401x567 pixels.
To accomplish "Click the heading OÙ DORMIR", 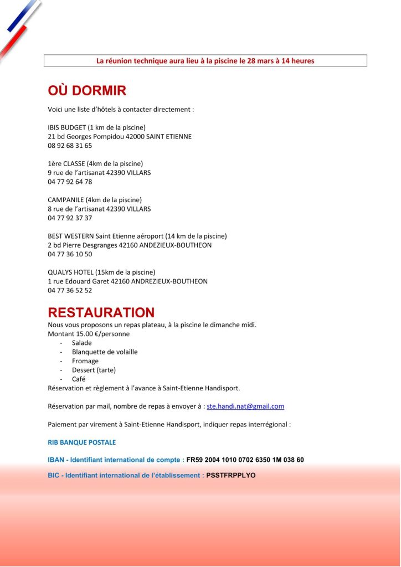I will [87, 91].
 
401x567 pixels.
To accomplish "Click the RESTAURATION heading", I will [101, 312].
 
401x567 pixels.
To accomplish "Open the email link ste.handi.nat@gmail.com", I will [245, 406].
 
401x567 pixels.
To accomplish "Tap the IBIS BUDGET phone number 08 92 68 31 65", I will [70, 146].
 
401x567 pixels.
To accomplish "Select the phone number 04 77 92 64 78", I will [70, 182].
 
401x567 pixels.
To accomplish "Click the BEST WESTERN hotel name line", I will [137, 236].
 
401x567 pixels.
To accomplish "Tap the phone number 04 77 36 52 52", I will [70, 290].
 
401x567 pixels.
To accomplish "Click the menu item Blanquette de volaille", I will [105, 352].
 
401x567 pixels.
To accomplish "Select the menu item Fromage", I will [85, 361].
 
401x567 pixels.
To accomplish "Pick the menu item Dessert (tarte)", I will [94, 370].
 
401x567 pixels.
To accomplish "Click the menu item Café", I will [79, 379].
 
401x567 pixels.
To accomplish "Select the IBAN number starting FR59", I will [245, 460].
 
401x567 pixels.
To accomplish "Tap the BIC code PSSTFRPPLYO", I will [231, 475].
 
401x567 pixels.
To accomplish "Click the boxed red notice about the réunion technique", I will [205, 60].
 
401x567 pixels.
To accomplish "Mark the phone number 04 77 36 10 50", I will [70, 254].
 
